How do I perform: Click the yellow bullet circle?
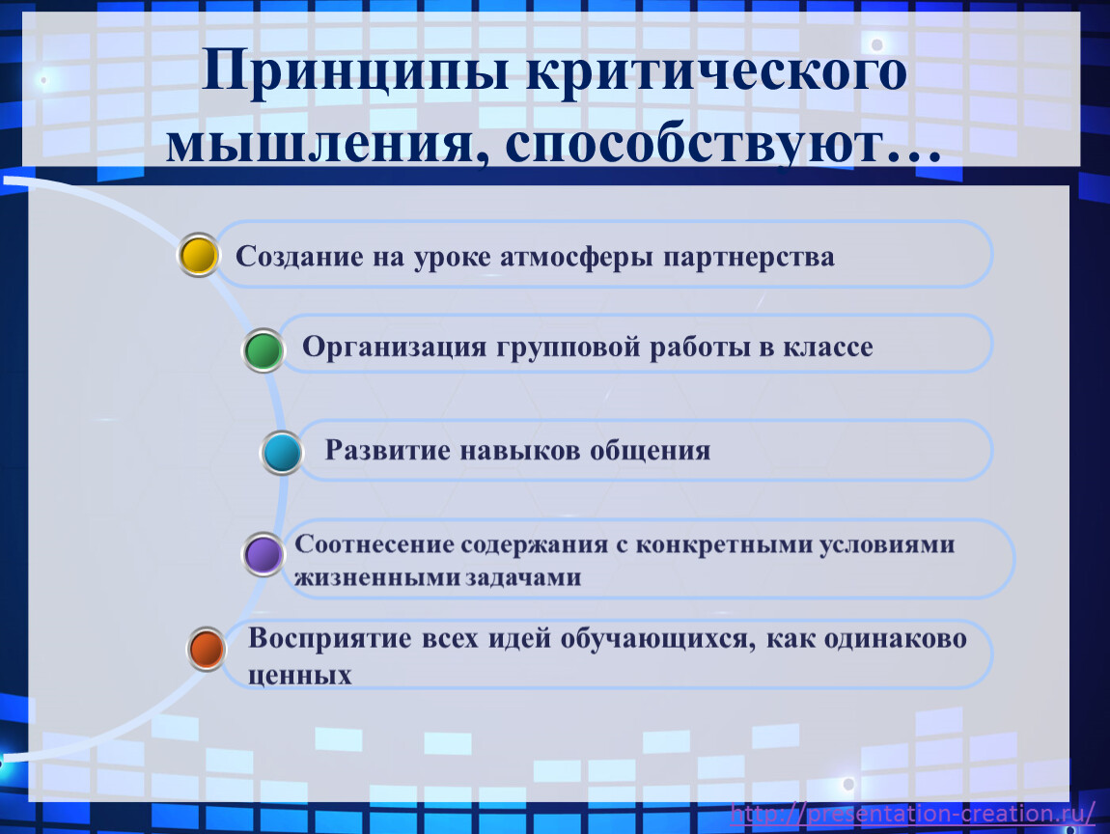(198, 255)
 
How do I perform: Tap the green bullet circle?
(264, 350)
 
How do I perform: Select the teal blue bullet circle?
(282, 453)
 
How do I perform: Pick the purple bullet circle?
(264, 554)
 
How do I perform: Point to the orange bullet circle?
(207, 649)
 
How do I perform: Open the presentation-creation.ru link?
(912, 814)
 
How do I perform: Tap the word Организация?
(395, 347)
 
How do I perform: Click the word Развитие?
(387, 450)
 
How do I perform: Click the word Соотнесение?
(374, 543)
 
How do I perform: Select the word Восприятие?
(329, 639)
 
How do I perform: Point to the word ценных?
(299, 676)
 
